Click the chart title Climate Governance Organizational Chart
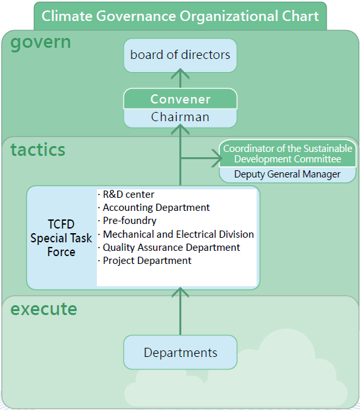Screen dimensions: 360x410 [x=180, y=16]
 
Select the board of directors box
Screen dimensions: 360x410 [x=180, y=56]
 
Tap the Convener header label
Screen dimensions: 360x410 [x=180, y=99]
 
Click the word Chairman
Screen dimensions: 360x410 [x=180, y=117]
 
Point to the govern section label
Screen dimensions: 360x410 [x=41, y=43]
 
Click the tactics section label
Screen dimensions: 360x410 [x=38, y=150]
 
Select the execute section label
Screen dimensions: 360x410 [x=44, y=309]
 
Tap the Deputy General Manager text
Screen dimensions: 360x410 [x=287, y=174]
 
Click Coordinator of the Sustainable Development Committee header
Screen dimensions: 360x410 [x=287, y=154]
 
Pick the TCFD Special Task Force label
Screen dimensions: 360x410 [x=61, y=238]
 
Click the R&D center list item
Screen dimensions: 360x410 [x=126, y=195]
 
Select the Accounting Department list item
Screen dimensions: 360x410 [x=154, y=208]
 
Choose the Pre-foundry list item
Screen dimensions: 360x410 [x=127, y=221]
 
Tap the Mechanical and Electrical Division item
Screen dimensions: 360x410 [x=176, y=234]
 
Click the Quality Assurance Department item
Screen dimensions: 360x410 [x=169, y=248]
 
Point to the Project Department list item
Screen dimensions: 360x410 [x=145, y=261]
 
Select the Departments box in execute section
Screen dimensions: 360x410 [x=180, y=352]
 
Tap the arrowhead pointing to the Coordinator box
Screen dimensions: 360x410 [x=217, y=158]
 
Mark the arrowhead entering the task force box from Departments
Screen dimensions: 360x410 [x=180, y=292]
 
